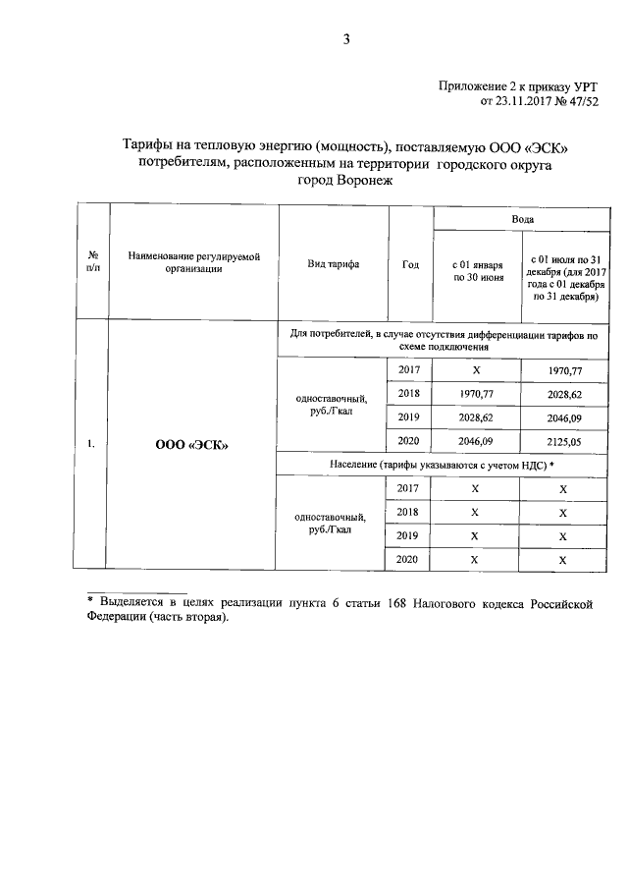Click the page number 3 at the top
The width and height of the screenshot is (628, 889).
[345, 39]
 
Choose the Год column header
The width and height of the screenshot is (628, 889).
[410, 265]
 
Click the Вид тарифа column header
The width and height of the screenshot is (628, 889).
[333, 265]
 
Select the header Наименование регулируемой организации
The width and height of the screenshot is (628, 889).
[192, 262]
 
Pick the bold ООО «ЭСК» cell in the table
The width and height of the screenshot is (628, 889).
[192, 444]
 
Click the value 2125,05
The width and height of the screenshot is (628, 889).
[563, 441]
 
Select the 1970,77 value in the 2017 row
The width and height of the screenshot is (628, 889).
[563, 370]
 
